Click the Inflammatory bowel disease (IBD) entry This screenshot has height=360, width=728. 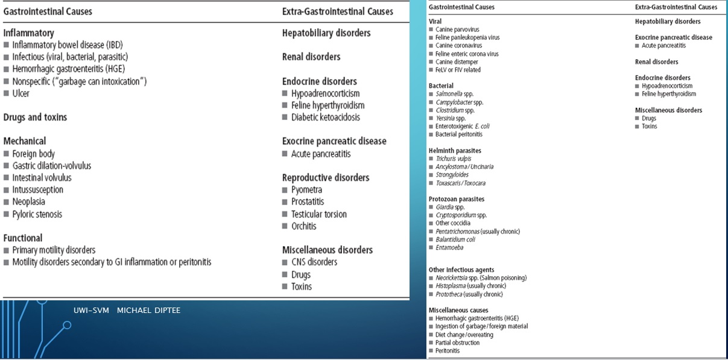tap(68, 45)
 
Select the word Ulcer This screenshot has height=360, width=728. tap(21, 93)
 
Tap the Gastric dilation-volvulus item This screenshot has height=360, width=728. tap(52, 166)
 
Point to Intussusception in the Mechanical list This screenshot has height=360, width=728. tap(37, 190)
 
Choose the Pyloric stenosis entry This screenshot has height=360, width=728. tap(37, 214)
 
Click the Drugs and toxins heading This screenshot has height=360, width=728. tap(35, 118)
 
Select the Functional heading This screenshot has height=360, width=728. tap(23, 238)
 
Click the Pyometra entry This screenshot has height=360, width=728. tap(306, 190)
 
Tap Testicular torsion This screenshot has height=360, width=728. tap(318, 214)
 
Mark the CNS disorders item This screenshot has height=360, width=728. tap(314, 262)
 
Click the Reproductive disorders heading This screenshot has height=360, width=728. tap(326, 178)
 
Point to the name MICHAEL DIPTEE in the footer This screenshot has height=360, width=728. tap(148, 311)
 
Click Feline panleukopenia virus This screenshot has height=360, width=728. tap(467, 37)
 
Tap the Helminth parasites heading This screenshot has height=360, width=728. tap(455, 151)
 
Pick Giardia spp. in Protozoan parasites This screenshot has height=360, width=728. tap(450, 207)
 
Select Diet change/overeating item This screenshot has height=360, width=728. tap(464, 335)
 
